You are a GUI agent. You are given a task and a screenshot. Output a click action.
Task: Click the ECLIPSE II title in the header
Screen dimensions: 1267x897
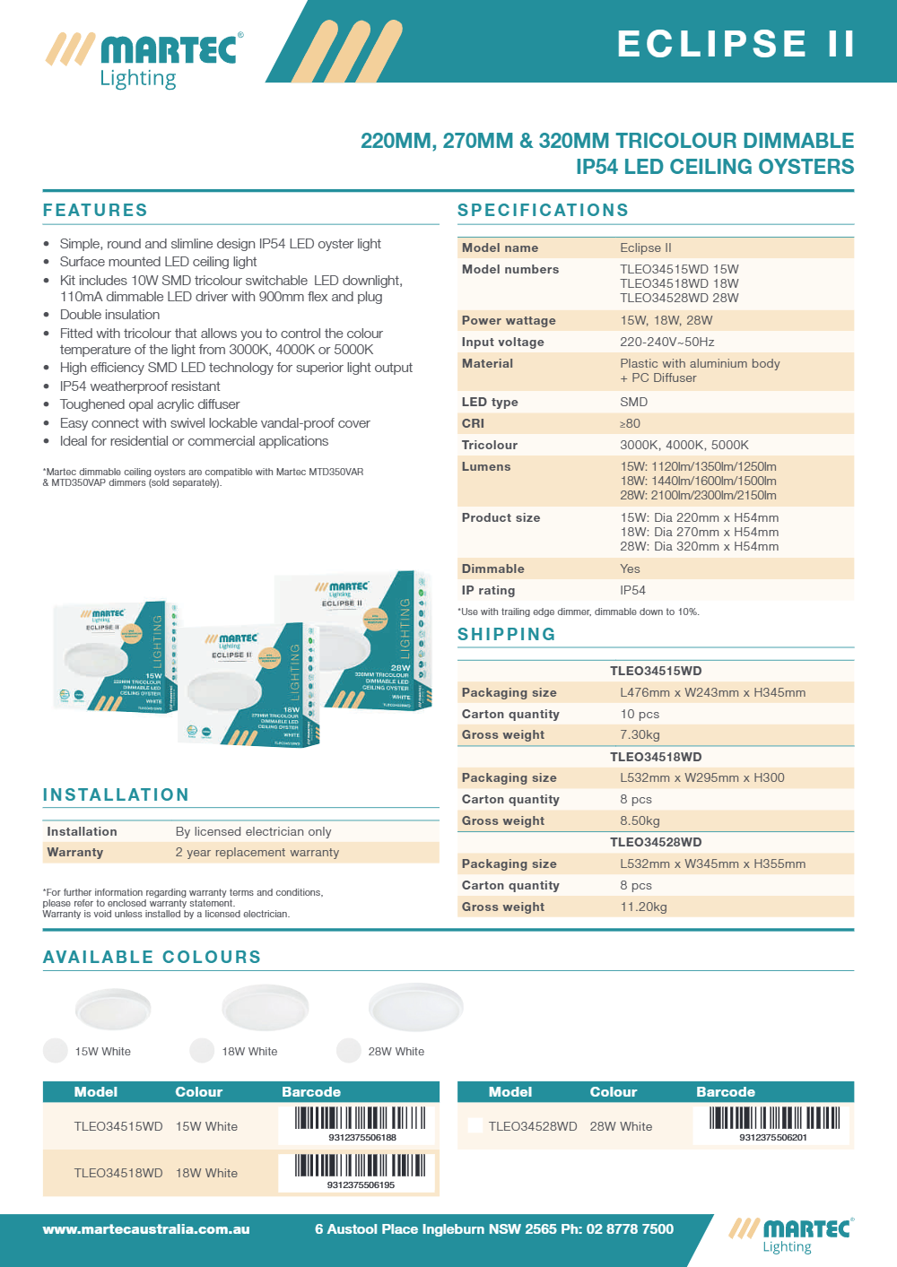(736, 44)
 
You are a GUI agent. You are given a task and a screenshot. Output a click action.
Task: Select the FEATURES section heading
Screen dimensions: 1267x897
(95, 211)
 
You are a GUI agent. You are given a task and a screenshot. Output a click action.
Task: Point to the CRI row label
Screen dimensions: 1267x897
(473, 423)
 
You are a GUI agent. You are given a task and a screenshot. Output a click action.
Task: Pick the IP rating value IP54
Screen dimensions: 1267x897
(632, 590)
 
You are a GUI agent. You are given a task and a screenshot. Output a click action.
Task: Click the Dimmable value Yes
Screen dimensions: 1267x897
(630, 568)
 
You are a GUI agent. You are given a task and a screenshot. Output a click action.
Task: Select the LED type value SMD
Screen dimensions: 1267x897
(633, 402)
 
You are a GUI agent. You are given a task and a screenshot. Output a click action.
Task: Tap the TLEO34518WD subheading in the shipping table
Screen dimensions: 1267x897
(656, 757)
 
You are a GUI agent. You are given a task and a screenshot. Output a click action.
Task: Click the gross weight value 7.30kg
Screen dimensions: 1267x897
(640, 734)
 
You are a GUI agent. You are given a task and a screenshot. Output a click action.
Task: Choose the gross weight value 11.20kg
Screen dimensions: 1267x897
(643, 907)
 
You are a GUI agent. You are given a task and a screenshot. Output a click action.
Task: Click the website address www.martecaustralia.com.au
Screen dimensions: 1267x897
(146, 1229)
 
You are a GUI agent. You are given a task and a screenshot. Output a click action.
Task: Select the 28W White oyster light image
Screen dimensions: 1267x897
(415, 1008)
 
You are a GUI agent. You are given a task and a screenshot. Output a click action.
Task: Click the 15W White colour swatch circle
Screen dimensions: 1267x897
(56, 1051)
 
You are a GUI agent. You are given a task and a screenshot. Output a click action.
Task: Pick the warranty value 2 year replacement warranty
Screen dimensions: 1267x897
(257, 852)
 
